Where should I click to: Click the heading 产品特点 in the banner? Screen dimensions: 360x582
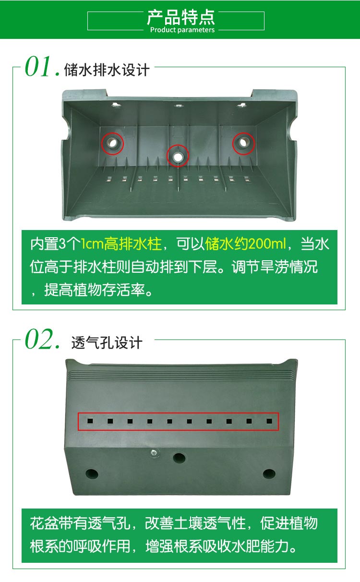click(181, 17)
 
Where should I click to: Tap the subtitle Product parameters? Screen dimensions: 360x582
click(182, 30)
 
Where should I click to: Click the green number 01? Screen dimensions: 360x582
click(42, 67)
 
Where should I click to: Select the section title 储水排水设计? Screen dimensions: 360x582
click(107, 70)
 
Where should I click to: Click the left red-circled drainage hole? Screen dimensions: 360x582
click(113, 143)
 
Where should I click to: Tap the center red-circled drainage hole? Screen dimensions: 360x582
click(178, 157)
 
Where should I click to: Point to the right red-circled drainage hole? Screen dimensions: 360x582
click(243, 143)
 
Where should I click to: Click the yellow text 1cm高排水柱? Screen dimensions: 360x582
click(121, 244)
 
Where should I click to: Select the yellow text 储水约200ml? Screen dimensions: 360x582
click(245, 244)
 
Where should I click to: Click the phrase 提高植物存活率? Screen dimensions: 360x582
click(95, 290)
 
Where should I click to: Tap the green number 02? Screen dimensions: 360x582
click(42, 339)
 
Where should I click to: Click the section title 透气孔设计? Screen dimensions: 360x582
click(107, 343)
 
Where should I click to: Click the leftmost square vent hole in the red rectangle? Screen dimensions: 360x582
click(90, 421)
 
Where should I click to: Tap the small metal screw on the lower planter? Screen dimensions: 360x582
click(154, 452)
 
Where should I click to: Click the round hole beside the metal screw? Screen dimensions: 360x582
click(179, 458)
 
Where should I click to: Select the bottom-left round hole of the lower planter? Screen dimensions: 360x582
click(92, 473)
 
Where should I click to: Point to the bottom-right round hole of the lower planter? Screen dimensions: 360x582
click(269, 473)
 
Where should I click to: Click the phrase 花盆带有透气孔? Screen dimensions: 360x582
click(80, 523)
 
